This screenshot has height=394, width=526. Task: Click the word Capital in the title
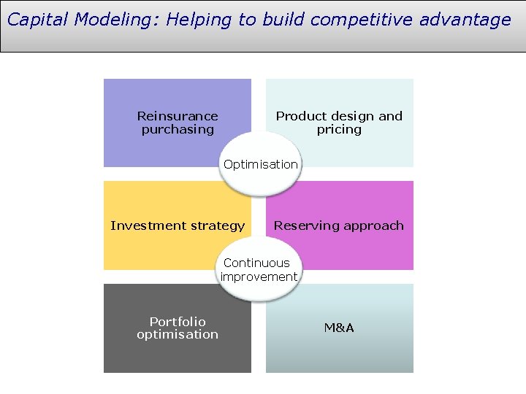coord(35,20)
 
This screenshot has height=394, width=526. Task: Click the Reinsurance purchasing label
coord(178,123)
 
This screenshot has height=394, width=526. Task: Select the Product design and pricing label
coord(339,123)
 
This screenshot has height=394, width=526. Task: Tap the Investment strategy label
coord(178,225)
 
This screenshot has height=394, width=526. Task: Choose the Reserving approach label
coord(339,225)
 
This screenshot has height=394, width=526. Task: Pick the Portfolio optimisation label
coord(178,328)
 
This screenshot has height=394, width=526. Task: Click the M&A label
coord(339,328)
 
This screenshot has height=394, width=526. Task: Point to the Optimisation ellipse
coord(261,165)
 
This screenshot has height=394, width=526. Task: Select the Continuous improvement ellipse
coord(259,270)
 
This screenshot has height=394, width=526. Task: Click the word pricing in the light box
coord(339,129)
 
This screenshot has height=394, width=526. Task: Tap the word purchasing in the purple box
coord(178,129)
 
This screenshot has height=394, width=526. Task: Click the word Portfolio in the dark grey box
coord(178,321)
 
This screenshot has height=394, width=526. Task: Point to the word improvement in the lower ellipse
coord(259,277)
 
